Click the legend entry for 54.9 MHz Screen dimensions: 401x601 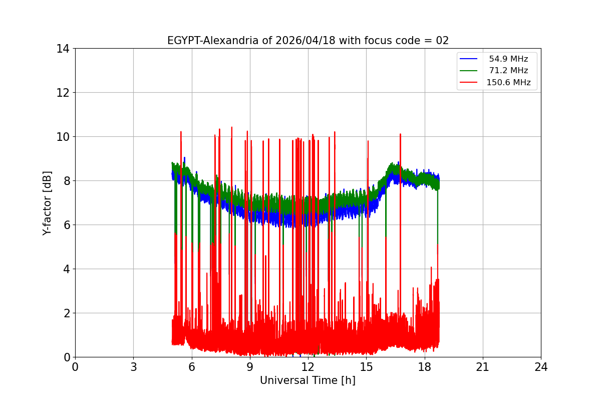508,59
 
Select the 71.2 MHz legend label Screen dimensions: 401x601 508,71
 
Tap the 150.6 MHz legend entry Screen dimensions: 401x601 508,83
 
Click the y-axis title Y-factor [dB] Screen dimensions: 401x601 47,203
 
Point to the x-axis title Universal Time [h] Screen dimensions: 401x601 308,380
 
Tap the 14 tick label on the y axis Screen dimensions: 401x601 63,49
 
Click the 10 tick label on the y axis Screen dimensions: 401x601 63,137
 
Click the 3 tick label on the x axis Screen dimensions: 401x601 133,367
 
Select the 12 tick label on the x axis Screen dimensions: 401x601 308,367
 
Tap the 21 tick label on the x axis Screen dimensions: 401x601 483,367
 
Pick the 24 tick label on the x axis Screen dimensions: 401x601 541,367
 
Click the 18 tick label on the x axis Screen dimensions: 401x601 425,367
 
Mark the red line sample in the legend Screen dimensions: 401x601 470,83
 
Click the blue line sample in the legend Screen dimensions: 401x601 470,59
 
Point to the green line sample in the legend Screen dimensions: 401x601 470,71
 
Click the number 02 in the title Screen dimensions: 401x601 442,41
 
